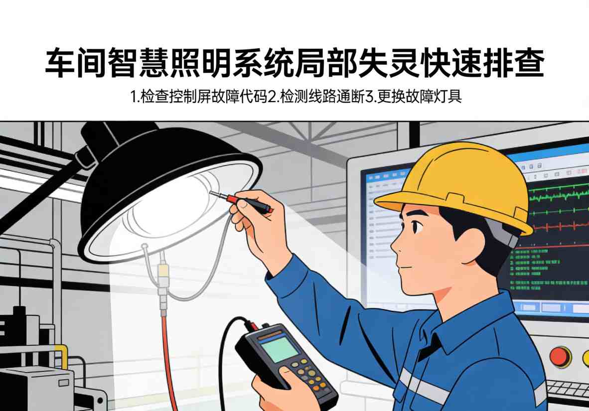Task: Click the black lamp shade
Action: point(149,164)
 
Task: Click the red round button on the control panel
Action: point(559,356)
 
